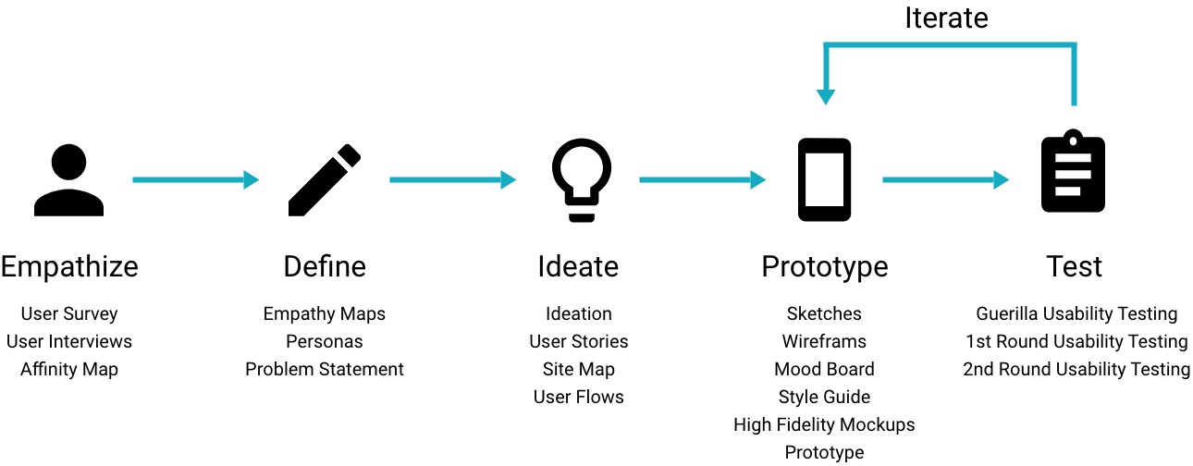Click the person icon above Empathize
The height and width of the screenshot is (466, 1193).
tap(68, 180)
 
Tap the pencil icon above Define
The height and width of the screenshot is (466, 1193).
tap(325, 180)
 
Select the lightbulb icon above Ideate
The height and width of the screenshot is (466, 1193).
tap(581, 180)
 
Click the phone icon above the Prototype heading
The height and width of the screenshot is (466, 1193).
tap(824, 179)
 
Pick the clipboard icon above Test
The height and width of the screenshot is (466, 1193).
tap(1073, 171)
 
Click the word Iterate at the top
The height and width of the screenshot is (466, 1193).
tap(946, 18)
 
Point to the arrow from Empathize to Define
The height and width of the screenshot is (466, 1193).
tap(195, 179)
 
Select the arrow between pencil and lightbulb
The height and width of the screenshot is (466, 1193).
tap(453, 179)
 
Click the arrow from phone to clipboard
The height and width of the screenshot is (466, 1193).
tap(946, 179)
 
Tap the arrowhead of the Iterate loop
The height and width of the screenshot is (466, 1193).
tap(826, 97)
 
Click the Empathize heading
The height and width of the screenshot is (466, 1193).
tap(69, 267)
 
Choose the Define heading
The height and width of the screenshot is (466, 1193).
tap(325, 266)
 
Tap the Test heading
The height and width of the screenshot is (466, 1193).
tap(1075, 266)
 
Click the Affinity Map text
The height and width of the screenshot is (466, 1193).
tap(69, 369)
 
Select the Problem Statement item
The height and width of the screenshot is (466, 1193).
tap(325, 369)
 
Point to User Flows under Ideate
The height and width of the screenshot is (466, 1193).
tap(578, 397)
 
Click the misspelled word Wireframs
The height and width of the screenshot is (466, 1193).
tap(824, 341)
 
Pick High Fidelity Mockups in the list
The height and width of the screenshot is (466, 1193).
tap(824, 424)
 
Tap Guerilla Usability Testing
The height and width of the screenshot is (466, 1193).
tap(1076, 313)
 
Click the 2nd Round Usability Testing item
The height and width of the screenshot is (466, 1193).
tap(1076, 369)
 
